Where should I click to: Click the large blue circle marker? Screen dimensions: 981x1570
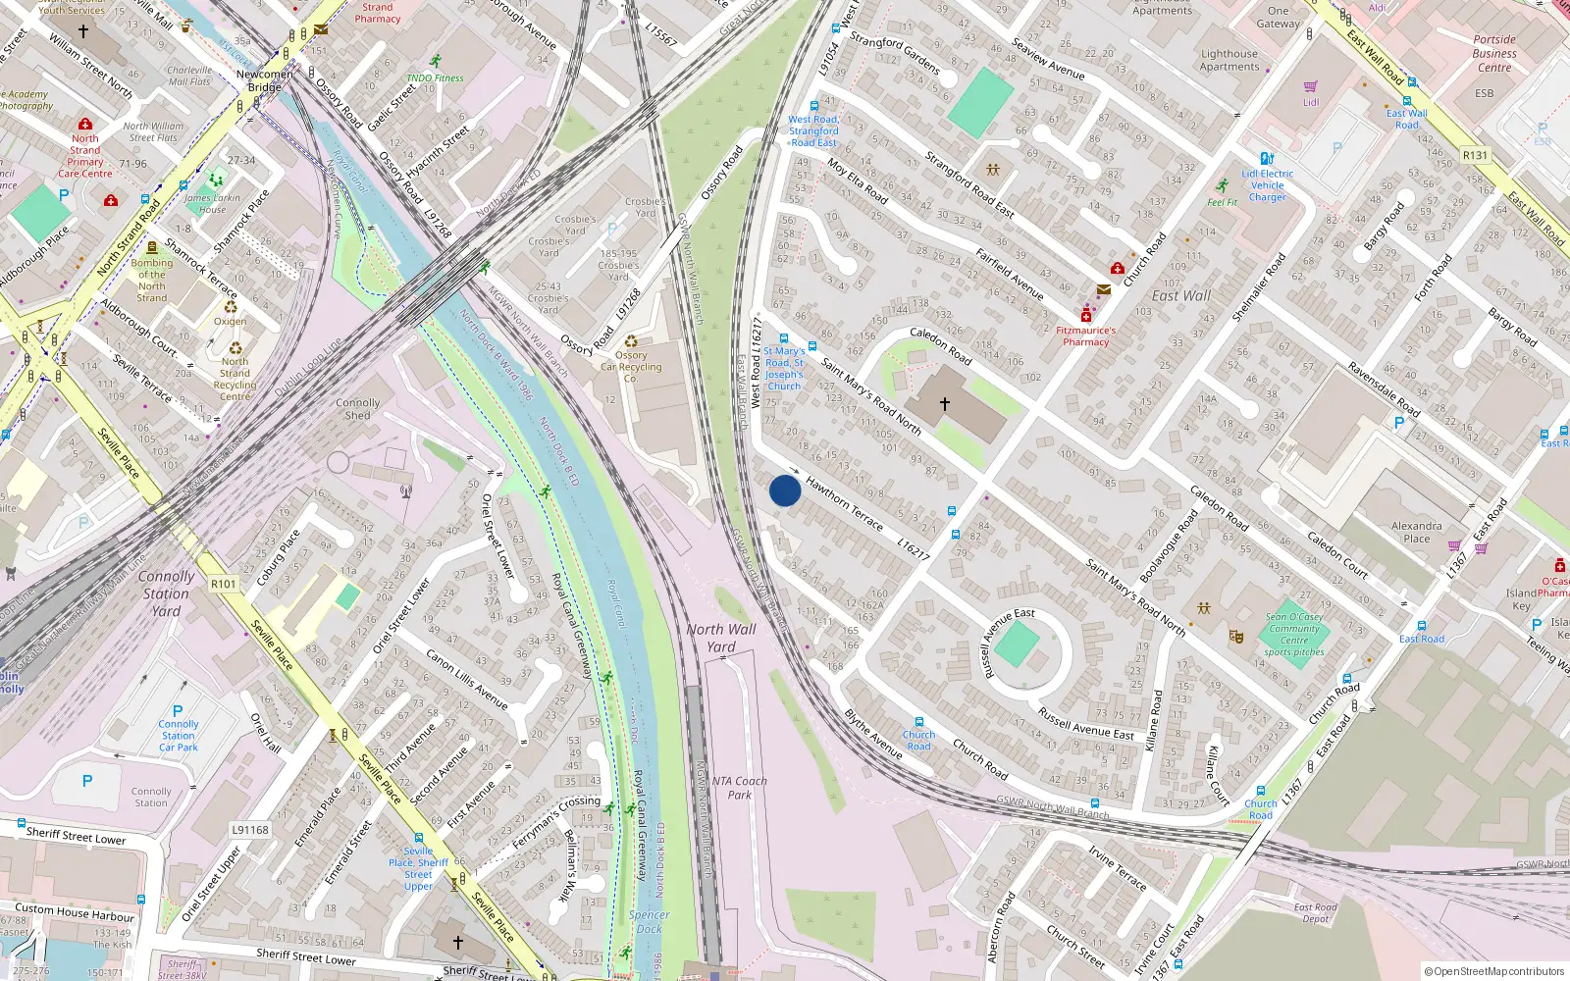pyautogui.click(x=784, y=490)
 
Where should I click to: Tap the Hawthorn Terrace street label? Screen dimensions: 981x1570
pyautogui.click(x=844, y=504)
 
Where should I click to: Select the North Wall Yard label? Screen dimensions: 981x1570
pyautogui.click(x=721, y=638)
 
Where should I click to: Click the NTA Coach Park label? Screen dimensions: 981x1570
pyautogui.click(x=740, y=788)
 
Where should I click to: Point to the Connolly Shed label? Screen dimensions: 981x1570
pyautogui.click(x=357, y=409)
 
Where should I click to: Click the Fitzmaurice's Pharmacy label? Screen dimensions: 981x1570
pyautogui.click(x=1085, y=336)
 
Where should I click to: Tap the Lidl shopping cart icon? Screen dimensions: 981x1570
pyautogui.click(x=1310, y=87)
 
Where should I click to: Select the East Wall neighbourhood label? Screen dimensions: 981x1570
pyautogui.click(x=1180, y=295)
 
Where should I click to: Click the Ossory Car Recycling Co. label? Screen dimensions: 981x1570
pyautogui.click(x=631, y=367)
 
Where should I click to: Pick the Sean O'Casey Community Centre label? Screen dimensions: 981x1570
pyautogui.click(x=1294, y=634)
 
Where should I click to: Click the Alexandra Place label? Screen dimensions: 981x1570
pyautogui.click(x=1416, y=532)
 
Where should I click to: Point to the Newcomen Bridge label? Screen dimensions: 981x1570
pyautogui.click(x=264, y=80)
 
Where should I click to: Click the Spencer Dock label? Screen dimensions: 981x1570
pyautogui.click(x=649, y=921)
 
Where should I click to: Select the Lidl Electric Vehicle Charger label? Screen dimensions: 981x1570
pyautogui.click(x=1267, y=184)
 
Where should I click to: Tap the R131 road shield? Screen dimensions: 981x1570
pyautogui.click(x=1475, y=155)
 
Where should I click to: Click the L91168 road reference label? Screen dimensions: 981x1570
pyautogui.click(x=249, y=830)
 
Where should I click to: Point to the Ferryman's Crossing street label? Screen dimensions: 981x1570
pyautogui.click(x=556, y=822)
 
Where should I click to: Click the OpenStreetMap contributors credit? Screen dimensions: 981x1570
pyautogui.click(x=1493, y=971)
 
